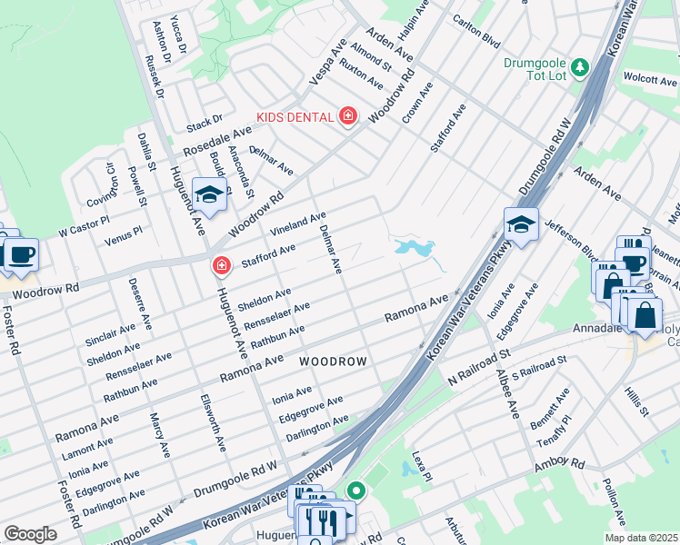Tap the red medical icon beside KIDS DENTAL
click(x=347, y=116)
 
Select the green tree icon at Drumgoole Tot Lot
click(x=578, y=66)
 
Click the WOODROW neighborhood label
click(x=334, y=362)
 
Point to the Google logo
click(x=30, y=534)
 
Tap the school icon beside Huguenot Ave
click(x=209, y=195)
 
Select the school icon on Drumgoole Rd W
click(x=521, y=223)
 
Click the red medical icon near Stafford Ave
click(x=220, y=265)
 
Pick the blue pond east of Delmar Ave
click(x=414, y=247)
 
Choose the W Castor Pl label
click(x=84, y=222)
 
